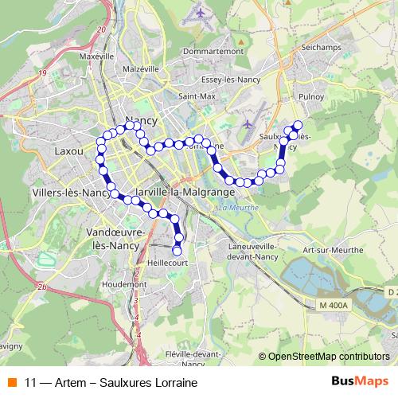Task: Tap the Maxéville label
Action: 96,57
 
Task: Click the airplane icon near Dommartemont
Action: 200,14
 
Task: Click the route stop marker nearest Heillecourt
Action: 177,252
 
